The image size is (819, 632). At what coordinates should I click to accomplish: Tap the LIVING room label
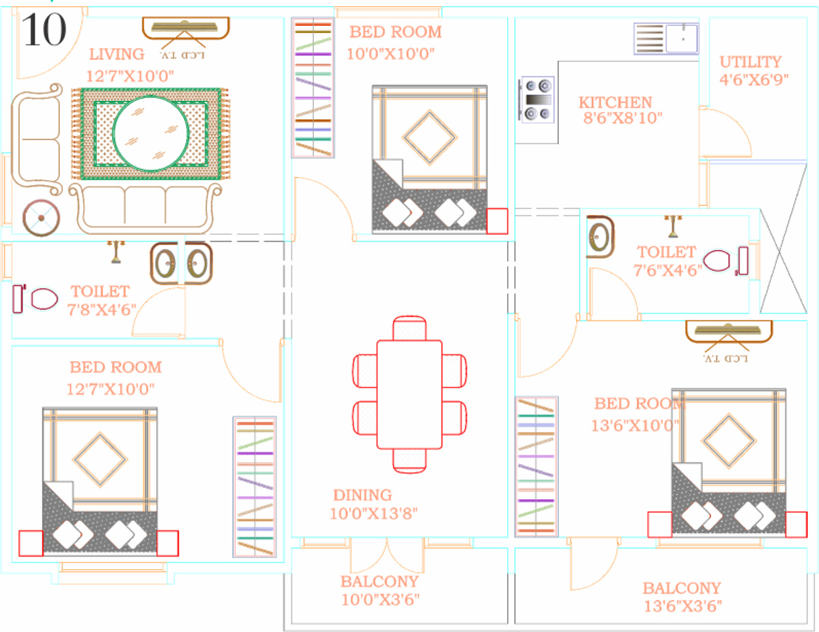click(117, 54)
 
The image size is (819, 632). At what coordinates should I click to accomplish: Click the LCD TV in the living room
click(186, 29)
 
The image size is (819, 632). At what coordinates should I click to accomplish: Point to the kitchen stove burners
click(537, 100)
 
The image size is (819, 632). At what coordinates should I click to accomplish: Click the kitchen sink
click(666, 38)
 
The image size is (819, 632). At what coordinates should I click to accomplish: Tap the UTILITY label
click(750, 62)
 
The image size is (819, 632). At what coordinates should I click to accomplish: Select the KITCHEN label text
click(616, 102)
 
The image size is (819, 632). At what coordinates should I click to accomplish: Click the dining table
click(409, 394)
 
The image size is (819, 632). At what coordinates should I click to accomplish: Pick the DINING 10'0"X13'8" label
click(373, 504)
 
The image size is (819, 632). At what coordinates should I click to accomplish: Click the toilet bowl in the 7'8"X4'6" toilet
click(42, 298)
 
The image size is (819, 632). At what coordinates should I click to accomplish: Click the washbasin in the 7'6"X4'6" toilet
click(600, 238)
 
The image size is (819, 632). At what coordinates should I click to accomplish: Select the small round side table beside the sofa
click(41, 218)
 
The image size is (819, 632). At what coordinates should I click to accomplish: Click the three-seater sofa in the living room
click(145, 206)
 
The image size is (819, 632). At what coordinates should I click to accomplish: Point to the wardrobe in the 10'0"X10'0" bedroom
click(313, 87)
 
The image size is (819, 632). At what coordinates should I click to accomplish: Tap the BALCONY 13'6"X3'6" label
click(681, 596)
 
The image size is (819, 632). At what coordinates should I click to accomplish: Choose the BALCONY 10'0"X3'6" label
click(379, 590)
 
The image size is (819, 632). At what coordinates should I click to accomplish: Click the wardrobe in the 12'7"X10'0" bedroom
click(255, 487)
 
